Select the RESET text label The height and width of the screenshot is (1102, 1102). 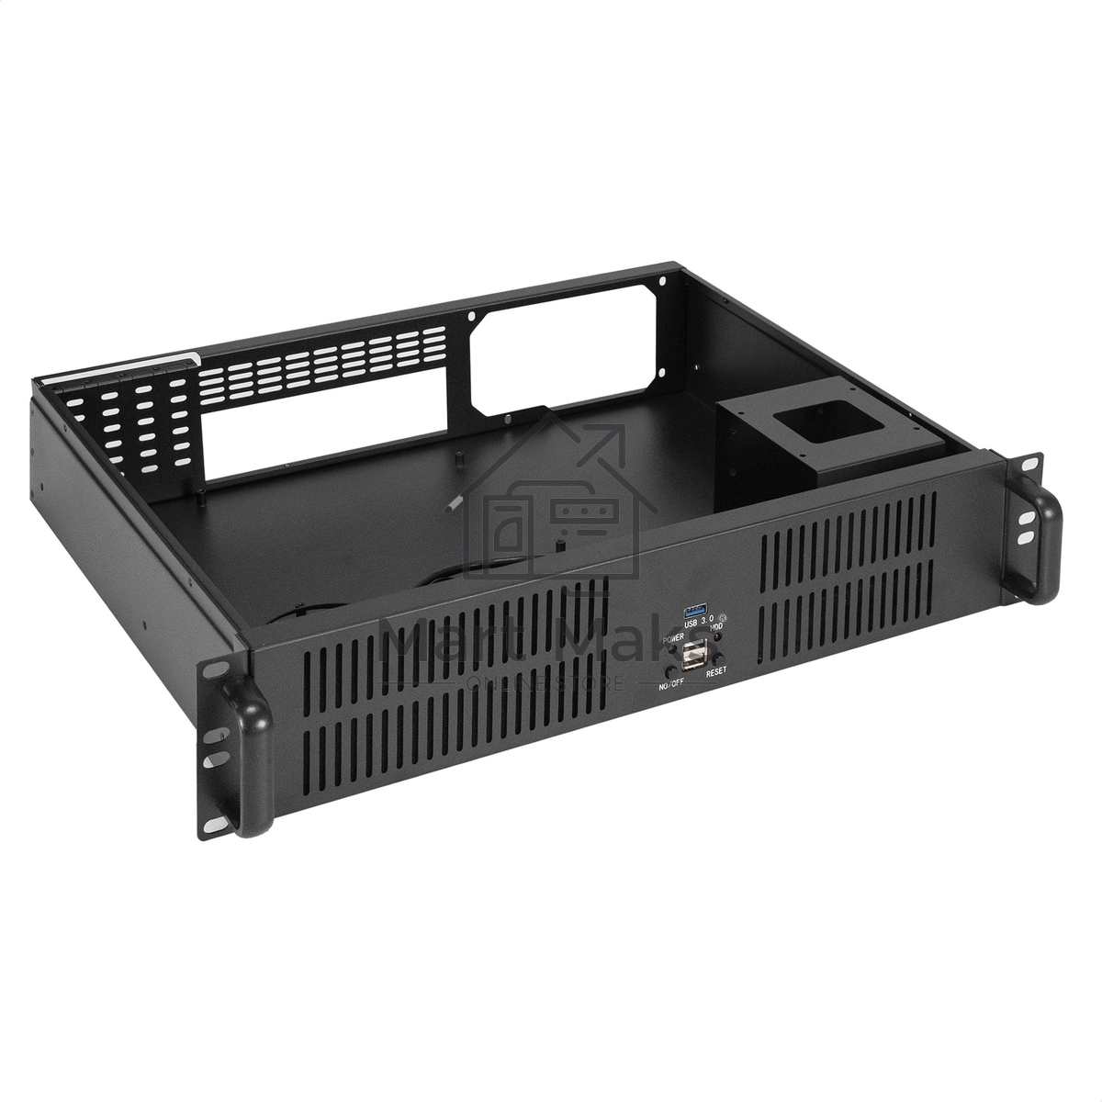[715, 671]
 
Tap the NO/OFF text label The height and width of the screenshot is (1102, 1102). [671, 685]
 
